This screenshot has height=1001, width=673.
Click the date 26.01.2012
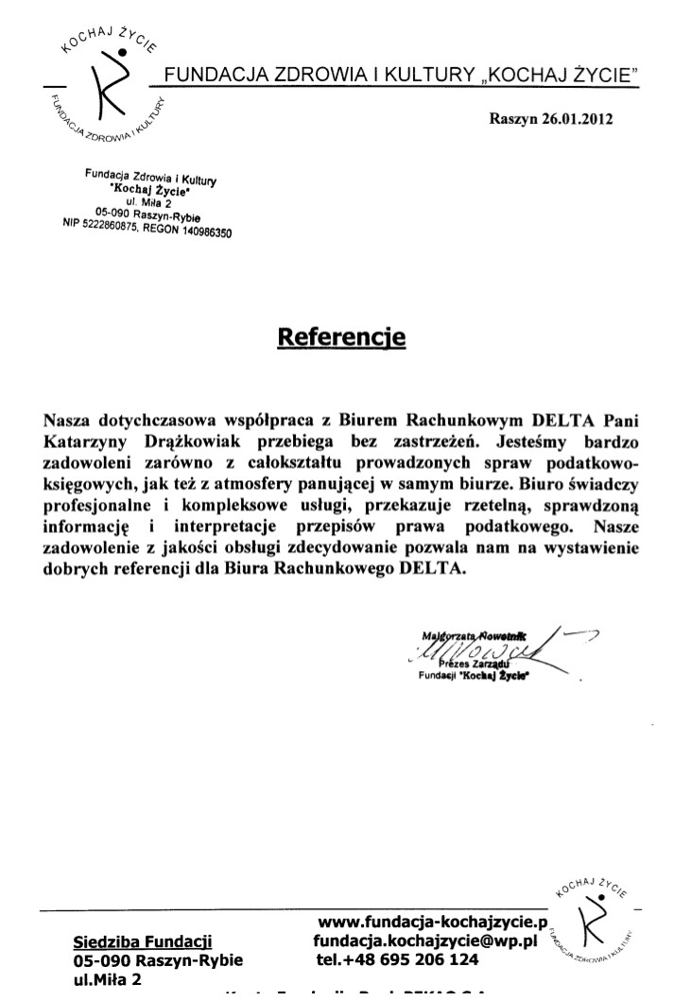(577, 120)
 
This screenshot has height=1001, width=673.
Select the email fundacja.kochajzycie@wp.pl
(425, 941)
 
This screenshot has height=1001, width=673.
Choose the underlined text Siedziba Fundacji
(143, 941)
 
